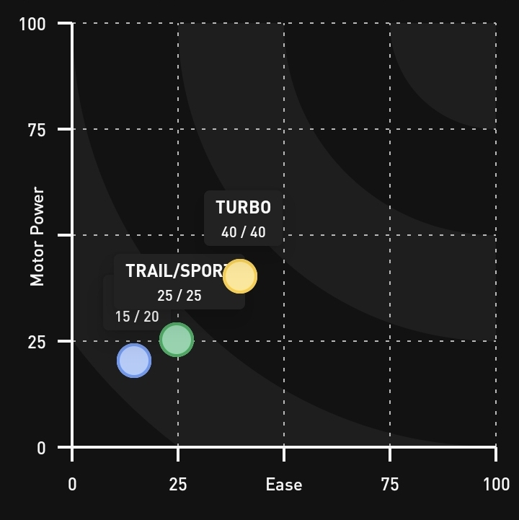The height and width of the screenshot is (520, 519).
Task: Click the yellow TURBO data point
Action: pyautogui.click(x=240, y=276)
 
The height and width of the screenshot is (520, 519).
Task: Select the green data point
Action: pyautogui.click(x=177, y=340)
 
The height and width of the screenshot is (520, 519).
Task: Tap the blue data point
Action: pyautogui.click(x=134, y=361)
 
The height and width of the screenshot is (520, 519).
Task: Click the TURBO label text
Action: pyautogui.click(x=244, y=208)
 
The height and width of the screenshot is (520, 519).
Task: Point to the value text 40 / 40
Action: pyautogui.click(x=244, y=233)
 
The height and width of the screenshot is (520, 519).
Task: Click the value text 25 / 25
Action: pyautogui.click(x=179, y=296)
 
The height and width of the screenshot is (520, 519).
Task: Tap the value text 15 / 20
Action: pyautogui.click(x=137, y=317)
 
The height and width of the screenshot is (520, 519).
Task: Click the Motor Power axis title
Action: pyautogui.click(x=37, y=237)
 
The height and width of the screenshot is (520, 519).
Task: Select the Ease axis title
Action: pyautogui.click(x=284, y=485)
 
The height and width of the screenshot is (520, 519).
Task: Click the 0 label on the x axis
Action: pyautogui.click(x=72, y=485)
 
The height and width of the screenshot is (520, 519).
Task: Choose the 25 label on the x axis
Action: pyautogui.click(x=178, y=485)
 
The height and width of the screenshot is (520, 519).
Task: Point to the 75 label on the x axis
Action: pyautogui.click(x=390, y=485)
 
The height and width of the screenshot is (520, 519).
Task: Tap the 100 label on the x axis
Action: pyautogui.click(x=496, y=485)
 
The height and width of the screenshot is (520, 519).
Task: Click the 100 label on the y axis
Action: pyautogui.click(x=32, y=25)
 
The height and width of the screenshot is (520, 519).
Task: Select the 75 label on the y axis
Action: pyautogui.click(x=36, y=130)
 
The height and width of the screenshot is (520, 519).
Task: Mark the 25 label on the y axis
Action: pyautogui.click(x=37, y=342)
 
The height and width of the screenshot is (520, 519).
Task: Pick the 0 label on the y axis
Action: pyautogui.click(x=41, y=448)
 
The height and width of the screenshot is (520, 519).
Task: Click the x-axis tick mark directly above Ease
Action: pyautogui.click(x=284, y=454)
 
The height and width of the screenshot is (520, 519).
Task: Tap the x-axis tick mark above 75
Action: pyautogui.click(x=390, y=454)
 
